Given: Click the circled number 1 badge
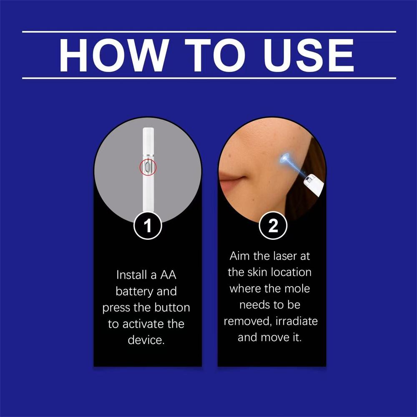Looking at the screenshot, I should [x=147, y=226].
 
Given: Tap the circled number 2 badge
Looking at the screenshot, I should [x=272, y=226].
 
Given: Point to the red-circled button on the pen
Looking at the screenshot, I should [x=147, y=167].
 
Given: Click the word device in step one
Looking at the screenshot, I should [x=146, y=340].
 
